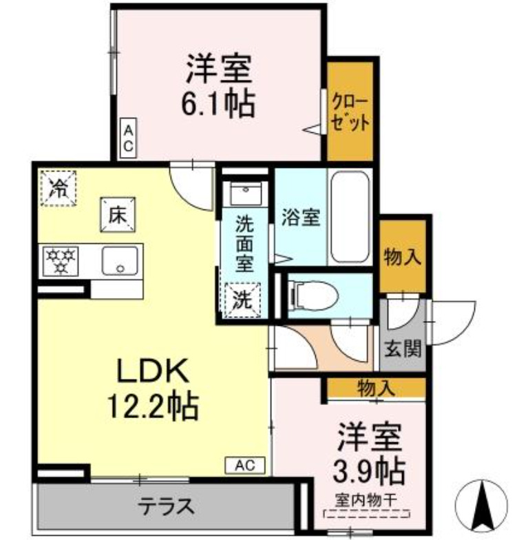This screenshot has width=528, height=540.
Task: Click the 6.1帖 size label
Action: pyautogui.click(x=218, y=105)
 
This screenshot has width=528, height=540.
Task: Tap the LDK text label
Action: pyautogui.click(x=151, y=372)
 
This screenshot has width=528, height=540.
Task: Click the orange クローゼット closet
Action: pyautogui.click(x=350, y=111)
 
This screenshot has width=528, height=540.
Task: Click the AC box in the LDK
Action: pyautogui.click(x=244, y=466)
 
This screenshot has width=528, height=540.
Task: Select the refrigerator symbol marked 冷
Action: pyautogui.click(x=59, y=187)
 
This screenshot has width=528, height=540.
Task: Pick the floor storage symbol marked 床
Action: pyautogui.click(x=117, y=214)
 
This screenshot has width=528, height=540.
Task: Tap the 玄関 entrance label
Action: pyautogui.click(x=403, y=349)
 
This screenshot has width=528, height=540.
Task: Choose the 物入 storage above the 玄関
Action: pyautogui.click(x=401, y=256)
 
